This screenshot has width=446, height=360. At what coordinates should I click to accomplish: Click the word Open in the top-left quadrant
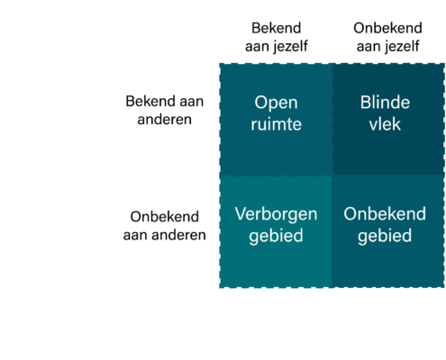pos(276,103)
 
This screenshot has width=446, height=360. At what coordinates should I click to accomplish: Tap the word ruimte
pos(276,124)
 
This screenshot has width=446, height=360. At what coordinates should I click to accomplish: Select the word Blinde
pos(385,103)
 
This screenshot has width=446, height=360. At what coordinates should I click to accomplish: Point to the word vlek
pos(385,124)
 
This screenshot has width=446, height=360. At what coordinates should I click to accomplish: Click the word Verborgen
pos(276,215)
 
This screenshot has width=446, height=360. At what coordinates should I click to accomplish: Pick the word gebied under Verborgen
pos(276,237)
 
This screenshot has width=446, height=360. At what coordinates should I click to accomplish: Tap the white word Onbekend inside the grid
pos(385,214)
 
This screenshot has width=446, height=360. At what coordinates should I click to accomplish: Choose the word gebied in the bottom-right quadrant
pos(385,237)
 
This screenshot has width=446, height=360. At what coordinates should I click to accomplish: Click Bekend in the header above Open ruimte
pos(277,28)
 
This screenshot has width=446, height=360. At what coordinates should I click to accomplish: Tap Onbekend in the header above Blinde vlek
pos(387,28)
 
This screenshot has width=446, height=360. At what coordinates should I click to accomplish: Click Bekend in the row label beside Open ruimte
pos(150,102)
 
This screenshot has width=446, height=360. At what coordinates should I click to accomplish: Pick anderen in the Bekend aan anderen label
pos(165,120)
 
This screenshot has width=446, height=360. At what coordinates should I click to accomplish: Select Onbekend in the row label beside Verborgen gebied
pos(165,217)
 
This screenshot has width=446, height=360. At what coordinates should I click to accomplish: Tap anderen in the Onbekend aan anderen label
pos(178,235)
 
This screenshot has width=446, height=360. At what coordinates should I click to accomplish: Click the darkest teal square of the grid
pos(388,119)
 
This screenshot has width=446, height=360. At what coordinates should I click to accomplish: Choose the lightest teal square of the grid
pos(276,232)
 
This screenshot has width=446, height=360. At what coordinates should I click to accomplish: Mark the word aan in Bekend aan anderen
pos(192,102)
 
